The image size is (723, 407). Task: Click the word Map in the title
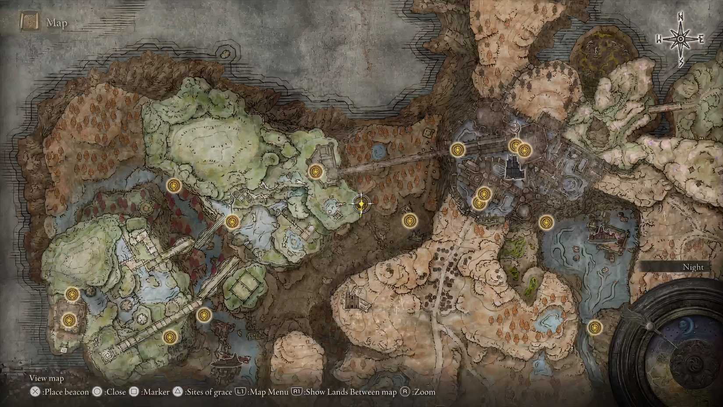pyautogui.click(x=57, y=23)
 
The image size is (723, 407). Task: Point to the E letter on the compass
pyautogui.click(x=701, y=39)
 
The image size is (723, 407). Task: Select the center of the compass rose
pyautogui.click(x=680, y=39)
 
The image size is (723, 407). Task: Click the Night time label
pyautogui.click(x=693, y=267)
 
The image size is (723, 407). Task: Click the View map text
pyautogui.click(x=46, y=378)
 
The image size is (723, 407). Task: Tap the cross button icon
pyautogui.click(x=35, y=392)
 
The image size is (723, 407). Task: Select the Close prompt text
pyautogui.click(x=115, y=392)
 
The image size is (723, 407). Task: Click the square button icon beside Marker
pyautogui.click(x=135, y=392)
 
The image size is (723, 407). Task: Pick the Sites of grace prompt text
pyautogui.click(x=208, y=392)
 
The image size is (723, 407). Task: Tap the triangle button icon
pyautogui.click(x=177, y=392)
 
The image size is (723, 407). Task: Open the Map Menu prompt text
pyautogui.click(x=268, y=392)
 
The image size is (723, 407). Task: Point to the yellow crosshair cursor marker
pyautogui.click(x=361, y=204)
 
